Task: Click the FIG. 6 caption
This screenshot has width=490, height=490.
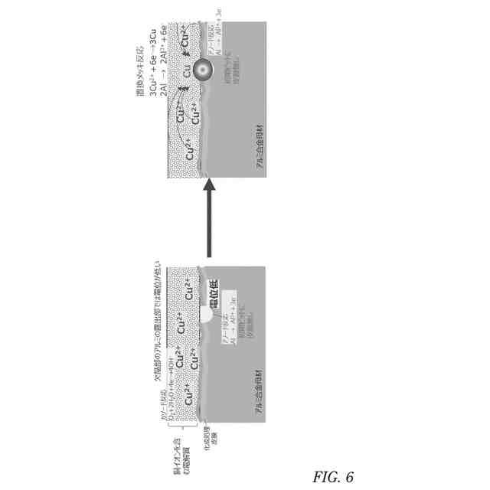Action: coord(332,476)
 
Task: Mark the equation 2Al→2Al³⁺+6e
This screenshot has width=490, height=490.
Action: coord(162,66)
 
